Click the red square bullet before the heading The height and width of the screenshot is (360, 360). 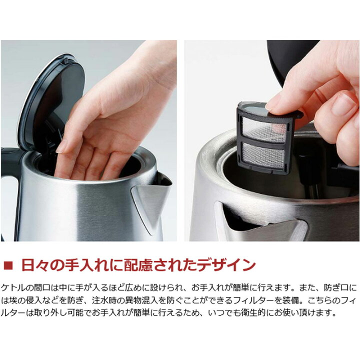tap(8, 265)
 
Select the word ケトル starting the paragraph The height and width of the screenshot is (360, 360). tap(12, 287)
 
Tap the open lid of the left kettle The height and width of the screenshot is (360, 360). tap(51, 101)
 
